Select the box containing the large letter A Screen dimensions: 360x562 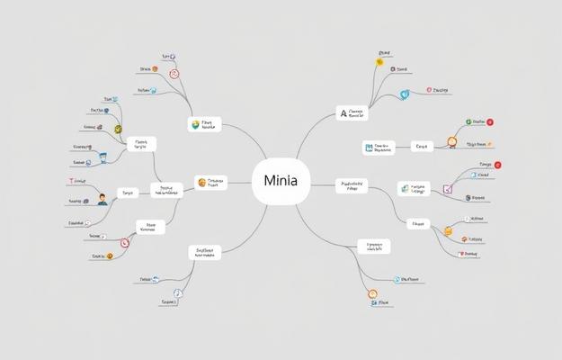pos(352,113)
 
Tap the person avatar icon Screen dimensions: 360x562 pos(102,198)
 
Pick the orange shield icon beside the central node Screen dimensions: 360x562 pos(201,183)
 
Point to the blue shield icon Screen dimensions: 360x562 pos(405,94)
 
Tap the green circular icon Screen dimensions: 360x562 pos(468,121)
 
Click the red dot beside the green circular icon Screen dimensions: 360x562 pos(489,121)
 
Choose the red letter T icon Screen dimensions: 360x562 pos(69,181)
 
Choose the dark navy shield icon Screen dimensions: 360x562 pos(468,197)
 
